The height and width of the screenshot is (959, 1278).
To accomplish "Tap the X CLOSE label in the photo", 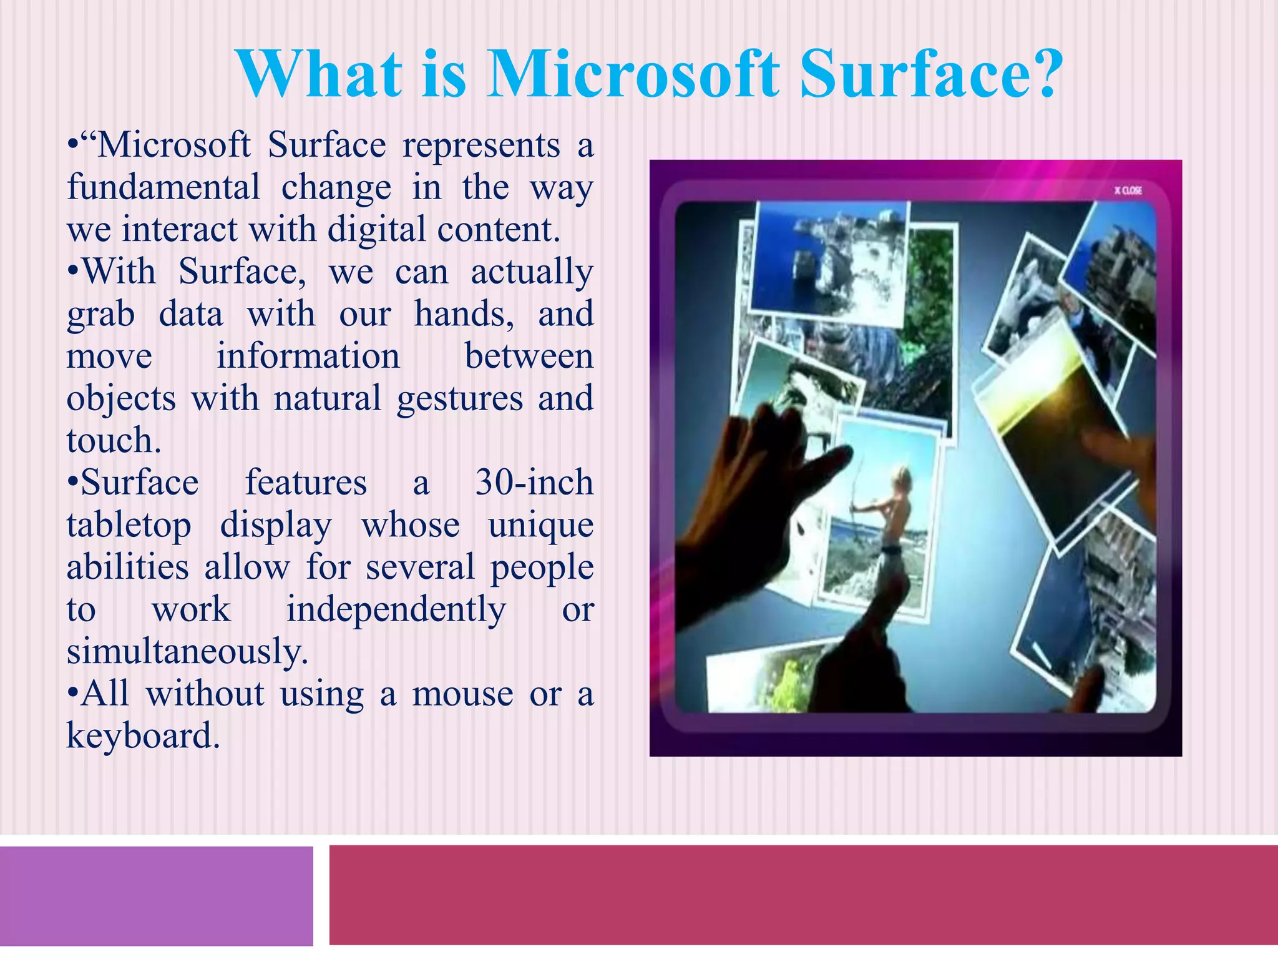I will pyautogui.click(x=1128, y=190).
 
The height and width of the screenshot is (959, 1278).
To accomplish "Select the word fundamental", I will pyautogui.click(x=163, y=187).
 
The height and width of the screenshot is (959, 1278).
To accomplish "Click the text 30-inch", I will pyautogui.click(x=534, y=483).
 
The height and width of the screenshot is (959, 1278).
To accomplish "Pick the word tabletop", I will pyautogui.click(x=129, y=526).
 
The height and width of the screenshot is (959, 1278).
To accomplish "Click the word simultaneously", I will pyautogui.click(x=187, y=652).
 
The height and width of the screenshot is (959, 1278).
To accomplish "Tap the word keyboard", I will pyautogui.click(x=143, y=736).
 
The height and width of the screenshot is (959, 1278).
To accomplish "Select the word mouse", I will pyautogui.click(x=462, y=694).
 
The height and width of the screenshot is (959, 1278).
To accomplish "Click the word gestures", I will pyautogui.click(x=460, y=399).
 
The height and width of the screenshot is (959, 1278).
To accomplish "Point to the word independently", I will pyautogui.click(x=396, y=609).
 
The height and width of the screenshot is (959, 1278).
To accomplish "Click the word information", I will pyautogui.click(x=308, y=357).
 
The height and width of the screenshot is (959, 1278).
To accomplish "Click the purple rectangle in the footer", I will pyautogui.click(x=156, y=896).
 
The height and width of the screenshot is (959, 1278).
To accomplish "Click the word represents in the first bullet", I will pyautogui.click(x=481, y=145).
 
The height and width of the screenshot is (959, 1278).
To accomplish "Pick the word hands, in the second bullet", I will pyautogui.click(x=464, y=314).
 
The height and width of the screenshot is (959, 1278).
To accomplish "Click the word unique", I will pyautogui.click(x=540, y=525).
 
